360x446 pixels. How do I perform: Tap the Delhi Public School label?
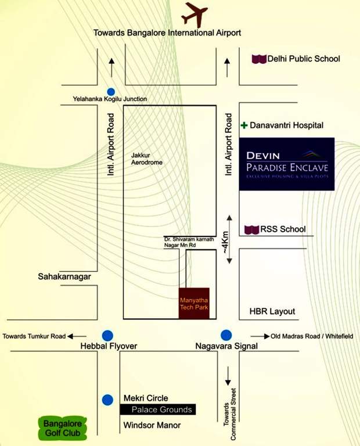pos(304,59)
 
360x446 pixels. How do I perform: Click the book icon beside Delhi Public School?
pos(259,59)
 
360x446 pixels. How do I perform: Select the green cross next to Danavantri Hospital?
pos(244,125)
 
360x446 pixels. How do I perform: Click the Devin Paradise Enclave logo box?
pos(287,164)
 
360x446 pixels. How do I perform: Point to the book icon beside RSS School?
pos(251,229)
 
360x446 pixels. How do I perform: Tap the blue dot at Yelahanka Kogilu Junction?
pos(111,92)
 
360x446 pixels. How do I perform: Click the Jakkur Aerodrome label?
pos(147,159)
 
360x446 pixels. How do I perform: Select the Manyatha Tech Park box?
pos(194,303)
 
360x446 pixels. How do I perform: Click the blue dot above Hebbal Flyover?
pos(107,336)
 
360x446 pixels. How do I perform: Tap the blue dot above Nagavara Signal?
pos(226,335)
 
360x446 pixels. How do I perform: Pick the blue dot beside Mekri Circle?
pos(107,400)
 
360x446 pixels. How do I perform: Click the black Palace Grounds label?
pos(158,409)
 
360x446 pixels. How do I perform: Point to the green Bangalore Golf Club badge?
pos(63,429)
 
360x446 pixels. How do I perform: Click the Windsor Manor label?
pos(152,425)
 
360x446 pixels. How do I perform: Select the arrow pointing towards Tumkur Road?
pos(77,336)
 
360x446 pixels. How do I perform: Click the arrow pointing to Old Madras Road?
pos(260,336)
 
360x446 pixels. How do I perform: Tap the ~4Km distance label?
pos(225,243)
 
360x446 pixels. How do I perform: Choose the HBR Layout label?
pos(272,311)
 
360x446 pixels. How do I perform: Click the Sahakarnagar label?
pos(64,276)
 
